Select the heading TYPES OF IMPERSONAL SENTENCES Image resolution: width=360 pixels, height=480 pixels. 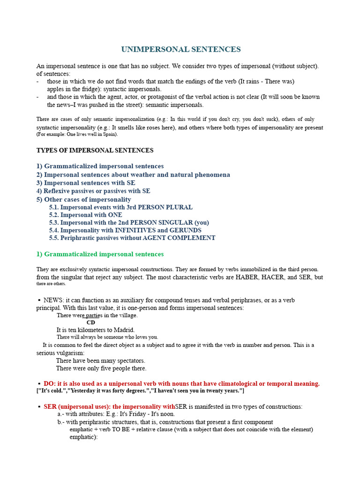(95, 150)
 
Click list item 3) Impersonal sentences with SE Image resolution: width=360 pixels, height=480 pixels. (86, 183)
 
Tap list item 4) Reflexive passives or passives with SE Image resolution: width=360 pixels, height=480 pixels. (93, 191)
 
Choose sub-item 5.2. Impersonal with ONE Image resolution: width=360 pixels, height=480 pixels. (86, 215)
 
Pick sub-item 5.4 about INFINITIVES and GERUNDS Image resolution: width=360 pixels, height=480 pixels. (125, 230)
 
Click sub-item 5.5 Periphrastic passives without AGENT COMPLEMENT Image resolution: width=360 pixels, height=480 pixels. (132, 238)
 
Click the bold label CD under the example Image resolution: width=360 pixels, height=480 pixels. (91, 322)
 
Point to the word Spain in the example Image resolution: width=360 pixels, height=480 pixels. (109, 134)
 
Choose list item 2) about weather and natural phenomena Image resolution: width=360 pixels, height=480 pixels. (133, 175)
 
